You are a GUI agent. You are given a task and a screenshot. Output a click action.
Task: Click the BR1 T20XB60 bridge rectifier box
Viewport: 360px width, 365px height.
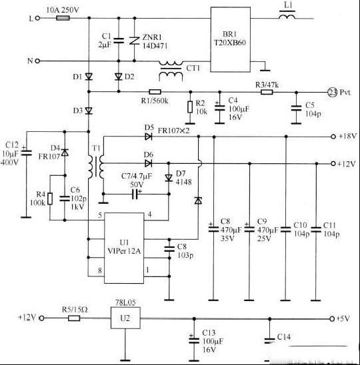pyautogui.click(x=231, y=39)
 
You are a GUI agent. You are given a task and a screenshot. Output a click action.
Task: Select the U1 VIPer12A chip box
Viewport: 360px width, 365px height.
pyautogui.click(x=124, y=248)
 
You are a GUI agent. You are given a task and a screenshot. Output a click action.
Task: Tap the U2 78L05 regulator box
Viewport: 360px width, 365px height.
pyautogui.click(x=125, y=318)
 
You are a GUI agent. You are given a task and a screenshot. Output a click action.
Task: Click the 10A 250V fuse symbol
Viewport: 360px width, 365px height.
pyautogui.click(x=63, y=18)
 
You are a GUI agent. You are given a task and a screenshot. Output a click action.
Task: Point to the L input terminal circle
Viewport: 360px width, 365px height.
pyautogui.click(x=37, y=18)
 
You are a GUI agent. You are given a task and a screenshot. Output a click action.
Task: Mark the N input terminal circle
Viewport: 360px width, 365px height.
pyautogui.click(x=37, y=61)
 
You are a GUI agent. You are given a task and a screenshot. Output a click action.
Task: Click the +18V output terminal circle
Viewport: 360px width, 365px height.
pyautogui.click(x=333, y=137)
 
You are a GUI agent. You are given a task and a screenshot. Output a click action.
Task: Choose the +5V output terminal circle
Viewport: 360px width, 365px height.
pyautogui.click(x=332, y=318)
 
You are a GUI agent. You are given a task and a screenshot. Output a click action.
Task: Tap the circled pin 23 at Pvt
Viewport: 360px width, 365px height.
pyautogui.click(x=332, y=93)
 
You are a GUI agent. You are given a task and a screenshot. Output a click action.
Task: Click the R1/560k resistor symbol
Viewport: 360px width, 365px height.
pyautogui.click(x=155, y=92)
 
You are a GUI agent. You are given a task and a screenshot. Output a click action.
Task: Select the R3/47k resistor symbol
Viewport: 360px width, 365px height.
pyautogui.click(x=267, y=92)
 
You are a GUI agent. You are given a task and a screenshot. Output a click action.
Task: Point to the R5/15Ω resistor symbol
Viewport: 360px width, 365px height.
pyautogui.click(x=74, y=318)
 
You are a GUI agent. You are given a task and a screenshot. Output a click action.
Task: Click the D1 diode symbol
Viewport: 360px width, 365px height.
pyautogui.click(x=89, y=77)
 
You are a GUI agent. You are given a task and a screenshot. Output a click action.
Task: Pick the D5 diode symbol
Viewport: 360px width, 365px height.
pyautogui.click(x=149, y=137)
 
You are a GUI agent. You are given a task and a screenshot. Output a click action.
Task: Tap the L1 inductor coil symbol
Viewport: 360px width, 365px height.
pyautogui.click(x=287, y=17)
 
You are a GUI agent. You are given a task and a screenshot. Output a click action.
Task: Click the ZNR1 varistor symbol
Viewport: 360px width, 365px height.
pyautogui.click(x=135, y=41)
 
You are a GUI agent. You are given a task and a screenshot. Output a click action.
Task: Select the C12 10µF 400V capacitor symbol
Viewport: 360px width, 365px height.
pyautogui.click(x=26, y=153)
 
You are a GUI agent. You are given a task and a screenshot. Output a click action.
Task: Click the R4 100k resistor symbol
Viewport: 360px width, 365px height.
pyautogui.click(x=50, y=198)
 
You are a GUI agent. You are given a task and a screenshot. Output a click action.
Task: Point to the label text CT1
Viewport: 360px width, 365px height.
pyautogui.click(x=193, y=68)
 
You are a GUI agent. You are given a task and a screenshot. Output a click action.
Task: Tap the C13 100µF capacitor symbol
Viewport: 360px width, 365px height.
pyautogui.click(x=194, y=340)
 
